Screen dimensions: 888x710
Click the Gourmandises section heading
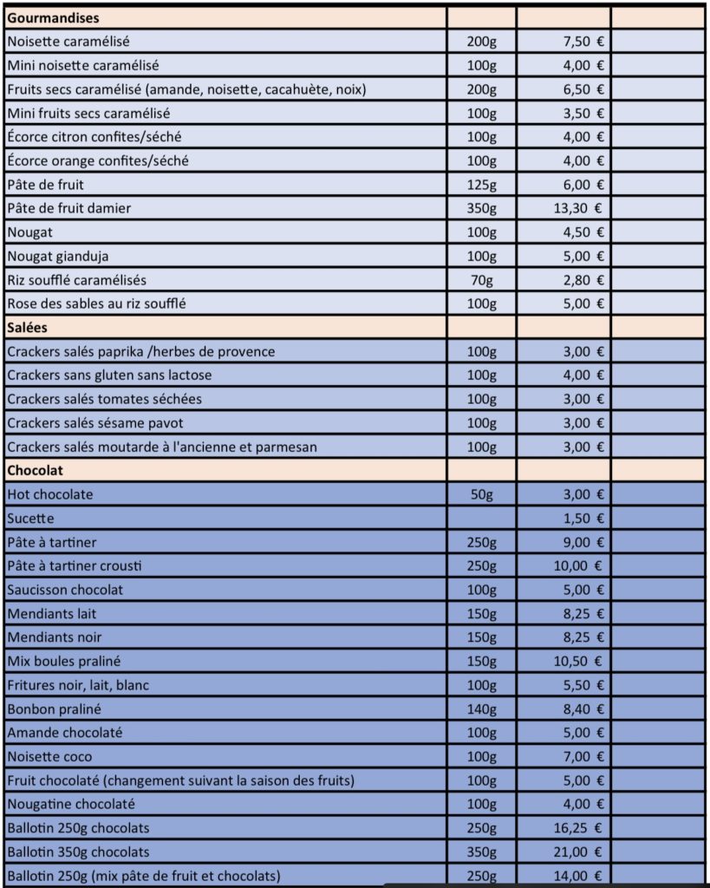click(52, 17)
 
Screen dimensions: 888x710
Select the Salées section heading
click(27, 327)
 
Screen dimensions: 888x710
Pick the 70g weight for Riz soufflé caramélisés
click(481, 280)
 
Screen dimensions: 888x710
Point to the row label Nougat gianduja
click(58, 256)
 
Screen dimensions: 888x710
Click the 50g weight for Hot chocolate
click(481, 494)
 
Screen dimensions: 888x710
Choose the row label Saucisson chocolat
click(65, 590)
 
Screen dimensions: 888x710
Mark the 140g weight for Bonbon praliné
click(481, 708)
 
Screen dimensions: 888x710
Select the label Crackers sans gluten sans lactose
click(109, 375)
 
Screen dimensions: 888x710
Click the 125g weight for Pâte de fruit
click(481, 184)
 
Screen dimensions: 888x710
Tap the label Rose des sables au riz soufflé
click(96, 304)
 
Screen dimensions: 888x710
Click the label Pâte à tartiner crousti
click(74, 565)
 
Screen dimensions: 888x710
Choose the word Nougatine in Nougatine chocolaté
click(40, 804)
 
